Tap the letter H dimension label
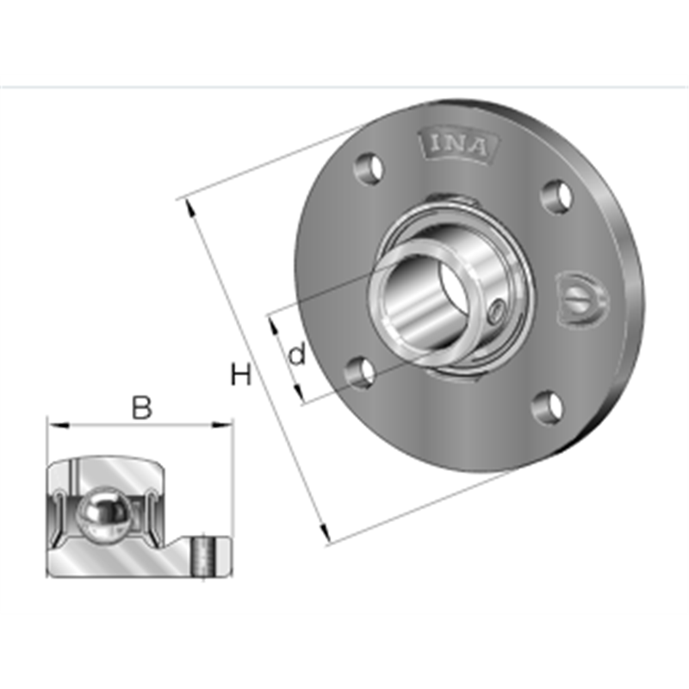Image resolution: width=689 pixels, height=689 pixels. pyautogui.click(x=242, y=376)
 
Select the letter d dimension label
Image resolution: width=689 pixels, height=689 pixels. pyautogui.click(x=297, y=353)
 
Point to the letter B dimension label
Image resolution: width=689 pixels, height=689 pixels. pyautogui.click(x=141, y=407)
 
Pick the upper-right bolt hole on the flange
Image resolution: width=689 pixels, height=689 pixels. pyautogui.click(x=557, y=196)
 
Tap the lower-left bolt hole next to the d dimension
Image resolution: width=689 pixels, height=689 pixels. pyautogui.click(x=362, y=372)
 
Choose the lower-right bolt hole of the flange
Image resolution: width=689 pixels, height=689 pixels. pyautogui.click(x=546, y=408)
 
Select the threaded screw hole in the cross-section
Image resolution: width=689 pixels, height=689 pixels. pyautogui.click(x=203, y=557)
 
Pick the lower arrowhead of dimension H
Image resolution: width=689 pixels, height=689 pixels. pyautogui.click(x=325, y=537)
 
